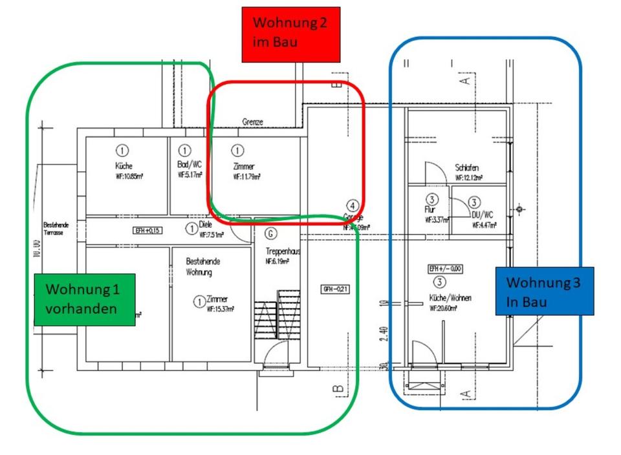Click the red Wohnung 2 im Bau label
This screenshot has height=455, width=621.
pos(290,34)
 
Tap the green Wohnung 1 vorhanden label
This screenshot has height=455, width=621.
pos(85,299)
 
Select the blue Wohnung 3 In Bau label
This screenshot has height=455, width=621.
pos(544,291)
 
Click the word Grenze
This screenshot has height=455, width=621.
pos(253,122)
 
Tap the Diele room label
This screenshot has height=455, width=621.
pos(206,224)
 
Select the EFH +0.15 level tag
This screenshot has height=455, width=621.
pos(147,231)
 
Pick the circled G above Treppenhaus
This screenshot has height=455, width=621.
pos(271,233)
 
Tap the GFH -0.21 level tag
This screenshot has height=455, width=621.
pos(336,289)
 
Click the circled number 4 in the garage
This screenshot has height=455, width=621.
pos(352,206)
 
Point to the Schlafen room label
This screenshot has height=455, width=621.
pos(466,168)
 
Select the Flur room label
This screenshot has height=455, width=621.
pos(430,210)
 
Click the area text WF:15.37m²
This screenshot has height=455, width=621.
pos(220,310)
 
